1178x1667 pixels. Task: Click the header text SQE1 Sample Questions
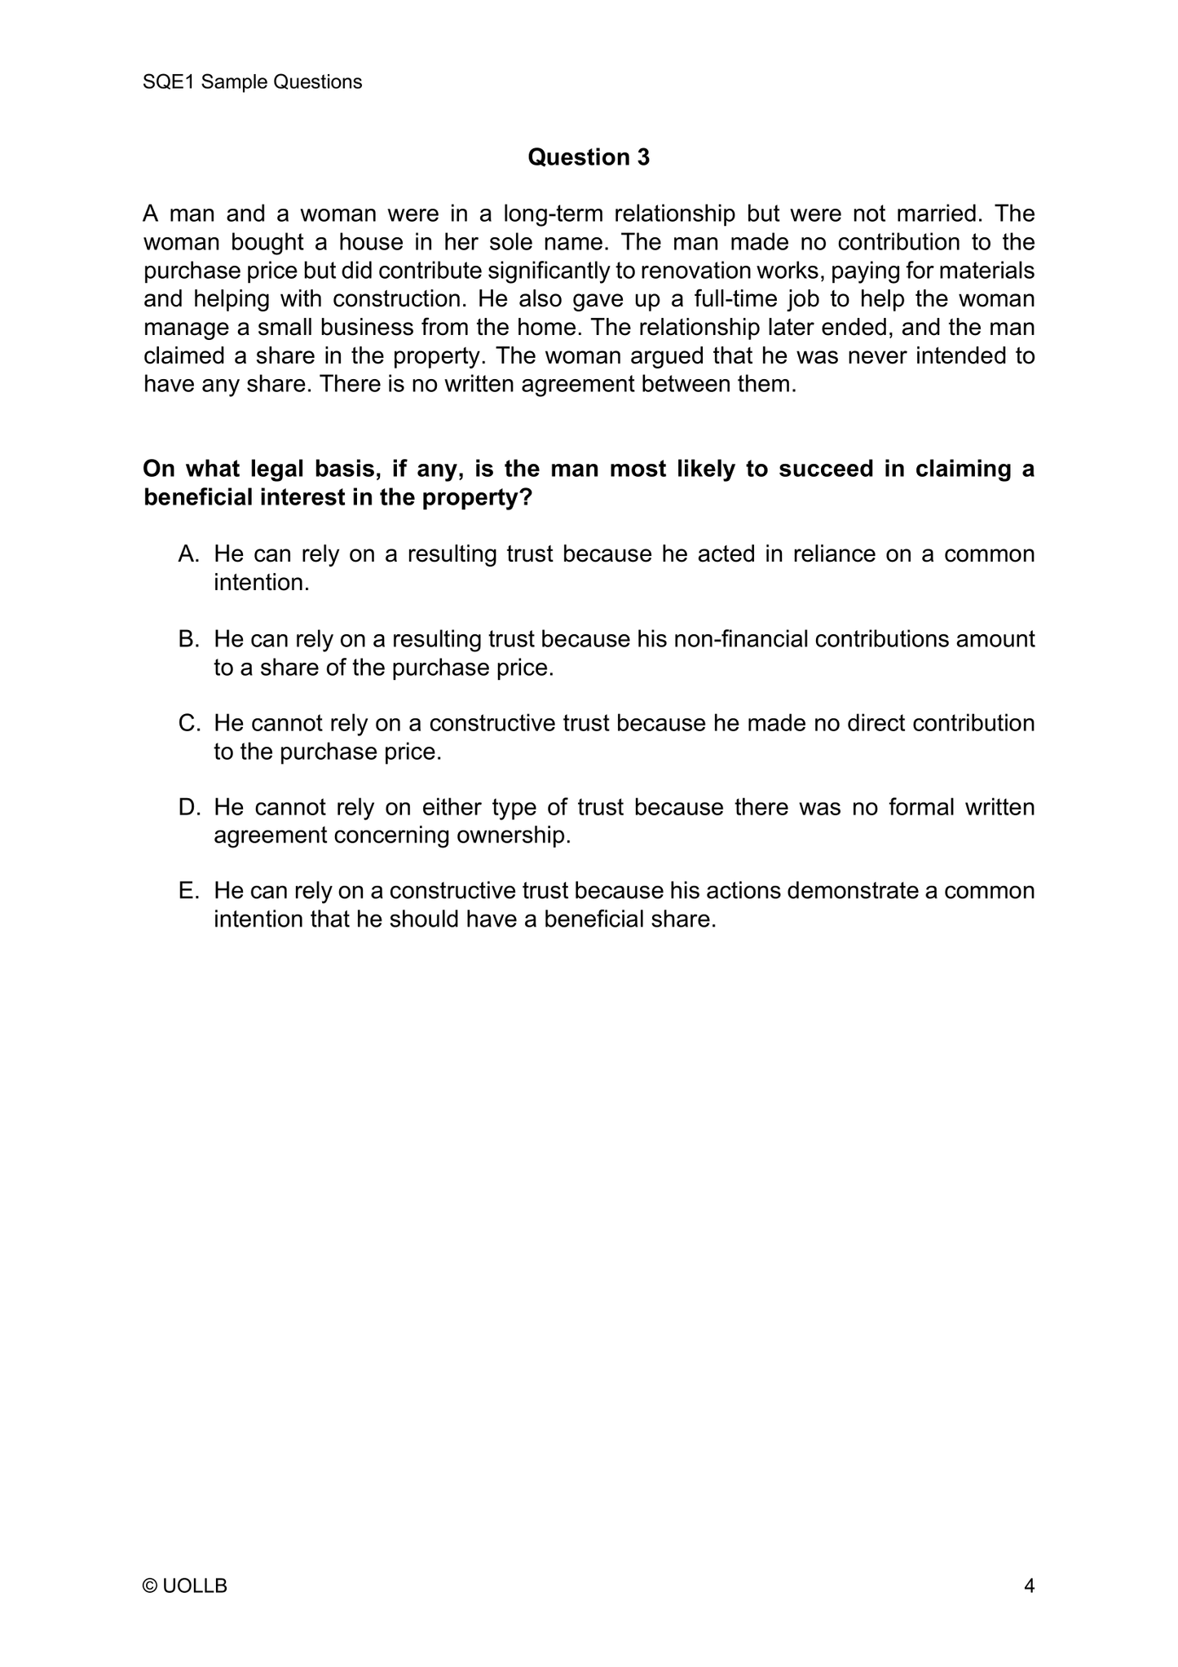pyautogui.click(x=252, y=82)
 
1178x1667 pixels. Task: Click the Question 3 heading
pyautogui.click(x=589, y=157)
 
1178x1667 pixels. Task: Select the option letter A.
pyautogui.click(x=188, y=554)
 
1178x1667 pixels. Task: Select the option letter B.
pyautogui.click(x=188, y=639)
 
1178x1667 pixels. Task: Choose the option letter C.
pyautogui.click(x=188, y=723)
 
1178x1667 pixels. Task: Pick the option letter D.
pyautogui.click(x=188, y=807)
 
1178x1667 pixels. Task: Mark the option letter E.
pyautogui.click(x=188, y=891)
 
